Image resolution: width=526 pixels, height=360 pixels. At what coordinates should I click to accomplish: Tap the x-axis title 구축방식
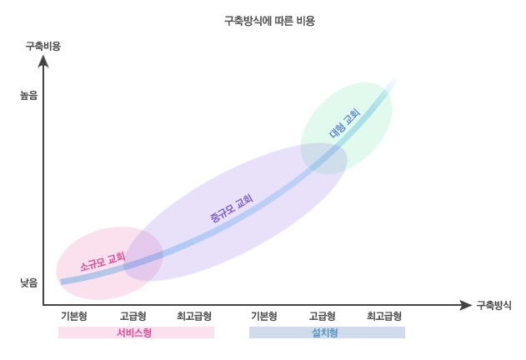tap(493, 305)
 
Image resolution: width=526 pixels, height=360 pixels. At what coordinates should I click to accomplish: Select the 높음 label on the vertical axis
tap(29, 96)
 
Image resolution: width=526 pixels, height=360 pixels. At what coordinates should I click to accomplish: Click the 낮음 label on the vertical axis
tap(29, 282)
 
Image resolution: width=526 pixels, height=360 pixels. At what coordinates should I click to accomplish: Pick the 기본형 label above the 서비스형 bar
tap(74, 316)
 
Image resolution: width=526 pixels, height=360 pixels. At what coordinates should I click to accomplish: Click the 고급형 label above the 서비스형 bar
tap(133, 316)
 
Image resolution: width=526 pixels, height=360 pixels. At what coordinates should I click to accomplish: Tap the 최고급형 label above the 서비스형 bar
tap(193, 316)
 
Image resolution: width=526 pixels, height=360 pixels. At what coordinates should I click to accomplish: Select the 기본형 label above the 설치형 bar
tap(264, 316)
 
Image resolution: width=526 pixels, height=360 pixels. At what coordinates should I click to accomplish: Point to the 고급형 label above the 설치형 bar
tap(322, 316)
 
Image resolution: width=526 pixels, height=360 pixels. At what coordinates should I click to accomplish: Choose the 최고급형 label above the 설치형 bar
tap(384, 316)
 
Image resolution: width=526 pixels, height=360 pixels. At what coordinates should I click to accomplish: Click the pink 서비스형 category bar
tap(136, 332)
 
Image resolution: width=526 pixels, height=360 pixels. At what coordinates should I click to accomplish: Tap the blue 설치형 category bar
tap(327, 332)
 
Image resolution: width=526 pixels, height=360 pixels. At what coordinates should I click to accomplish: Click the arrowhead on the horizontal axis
tap(465, 305)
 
